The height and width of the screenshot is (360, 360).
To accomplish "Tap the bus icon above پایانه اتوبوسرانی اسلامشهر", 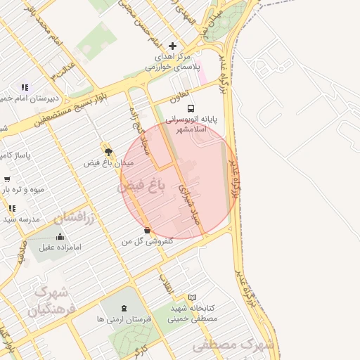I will [x=190, y=108].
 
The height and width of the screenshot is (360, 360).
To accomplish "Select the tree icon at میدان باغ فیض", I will [x=108, y=151].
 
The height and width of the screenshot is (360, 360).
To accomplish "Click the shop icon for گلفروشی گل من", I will [x=146, y=230].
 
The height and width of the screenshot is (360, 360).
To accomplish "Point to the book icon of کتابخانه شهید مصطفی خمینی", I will [x=193, y=297].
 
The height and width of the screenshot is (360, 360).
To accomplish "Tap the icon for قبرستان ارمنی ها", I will [x=124, y=309].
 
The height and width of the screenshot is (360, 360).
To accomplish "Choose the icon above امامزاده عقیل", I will [x=60, y=236].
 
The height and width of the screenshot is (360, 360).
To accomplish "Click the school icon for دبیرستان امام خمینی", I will [x=25, y=87].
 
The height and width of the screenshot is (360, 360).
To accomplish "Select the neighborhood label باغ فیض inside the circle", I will [x=141, y=186].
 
